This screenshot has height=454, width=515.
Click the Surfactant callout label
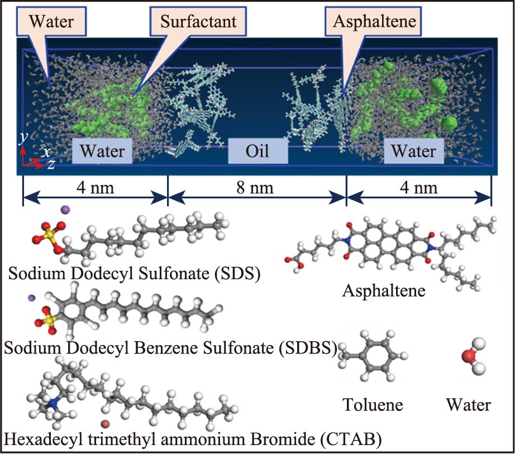tap(198, 22)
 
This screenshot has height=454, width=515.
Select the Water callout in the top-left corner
tap(51, 22)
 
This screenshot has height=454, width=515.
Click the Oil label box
tap(258, 151)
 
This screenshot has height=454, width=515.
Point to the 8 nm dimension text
tap(257, 188)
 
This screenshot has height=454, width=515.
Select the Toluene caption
tap(373, 404)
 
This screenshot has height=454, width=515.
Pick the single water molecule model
tap(470, 356)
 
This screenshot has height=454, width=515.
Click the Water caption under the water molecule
tap(468, 404)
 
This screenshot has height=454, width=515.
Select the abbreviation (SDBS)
tap(307, 348)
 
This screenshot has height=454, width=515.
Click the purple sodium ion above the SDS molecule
tap(65, 209)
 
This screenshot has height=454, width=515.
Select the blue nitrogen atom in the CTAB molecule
tap(53, 402)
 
